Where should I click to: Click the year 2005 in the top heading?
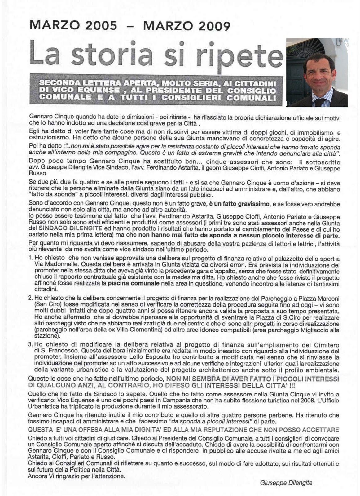pos(101,26)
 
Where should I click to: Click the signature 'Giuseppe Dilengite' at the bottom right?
pos(286,483)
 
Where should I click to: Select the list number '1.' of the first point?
pos(31,258)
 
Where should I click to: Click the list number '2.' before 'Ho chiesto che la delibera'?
pos(31,298)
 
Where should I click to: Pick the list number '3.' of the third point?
pos(31,344)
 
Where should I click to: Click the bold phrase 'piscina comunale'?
pos(134,283)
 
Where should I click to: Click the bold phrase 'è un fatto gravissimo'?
pos(235,204)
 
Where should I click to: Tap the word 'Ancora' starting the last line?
pos(37,476)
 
